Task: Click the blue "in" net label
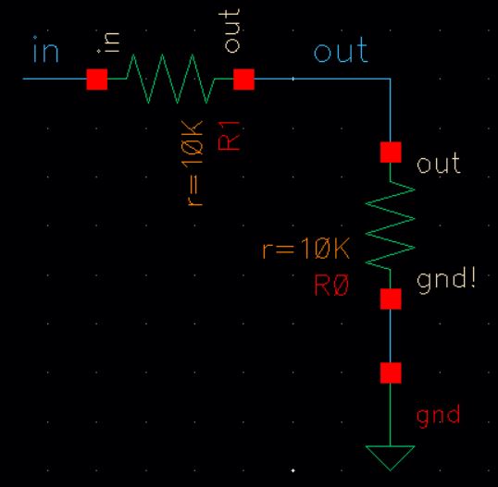coord(46,50)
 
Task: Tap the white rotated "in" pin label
coord(111,43)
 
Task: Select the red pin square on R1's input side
coord(97,79)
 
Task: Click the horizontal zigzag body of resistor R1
coord(170,79)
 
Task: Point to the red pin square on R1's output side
coord(244,79)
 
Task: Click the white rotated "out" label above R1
coord(231,30)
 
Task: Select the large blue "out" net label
coord(341,50)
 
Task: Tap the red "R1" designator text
coord(229,136)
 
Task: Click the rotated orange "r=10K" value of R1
coord(193,164)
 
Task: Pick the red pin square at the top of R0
coord(391,152)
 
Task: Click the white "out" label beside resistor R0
coord(439,163)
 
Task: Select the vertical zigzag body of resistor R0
coord(391,225)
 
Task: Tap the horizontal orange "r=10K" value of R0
coord(305,249)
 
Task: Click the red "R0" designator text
coord(331,286)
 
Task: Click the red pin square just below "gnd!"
coord(391,298)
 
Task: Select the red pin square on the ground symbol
coord(391,372)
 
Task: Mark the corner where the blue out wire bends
coord(391,79)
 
